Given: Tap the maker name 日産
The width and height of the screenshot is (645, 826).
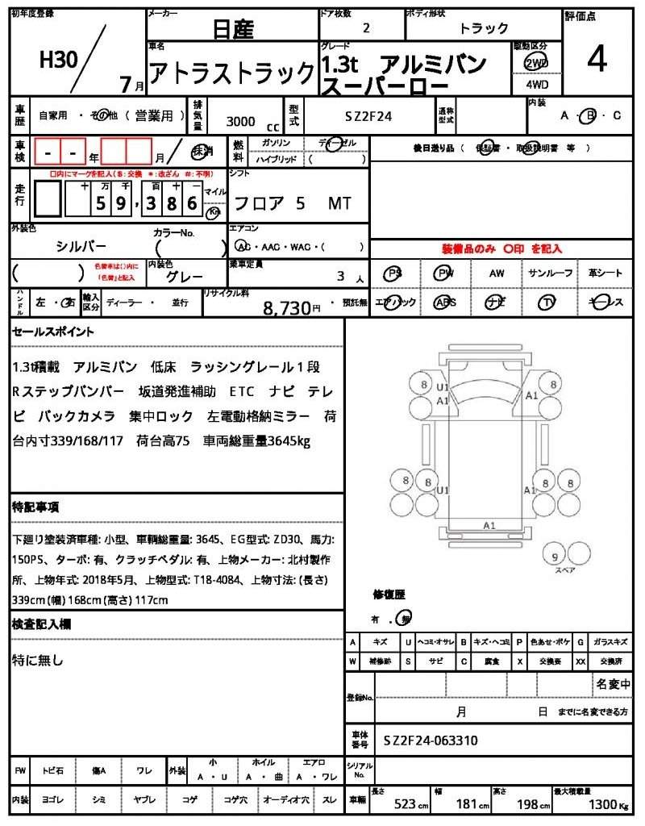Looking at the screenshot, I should (x=233, y=30).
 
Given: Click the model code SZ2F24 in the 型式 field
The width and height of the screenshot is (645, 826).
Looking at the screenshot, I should (x=368, y=116).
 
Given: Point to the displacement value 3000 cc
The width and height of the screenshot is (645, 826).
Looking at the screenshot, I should (x=251, y=122).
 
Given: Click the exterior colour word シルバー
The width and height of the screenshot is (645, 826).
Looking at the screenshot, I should (x=81, y=246).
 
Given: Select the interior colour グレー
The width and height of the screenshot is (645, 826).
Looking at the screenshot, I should (x=185, y=277).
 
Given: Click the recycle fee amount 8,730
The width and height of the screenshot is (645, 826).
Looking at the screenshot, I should (x=287, y=307).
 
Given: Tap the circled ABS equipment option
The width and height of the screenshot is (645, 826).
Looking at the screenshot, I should (x=444, y=302).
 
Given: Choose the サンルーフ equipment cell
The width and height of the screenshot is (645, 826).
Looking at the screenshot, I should (x=551, y=273).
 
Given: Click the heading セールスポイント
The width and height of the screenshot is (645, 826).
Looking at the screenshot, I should (x=53, y=332).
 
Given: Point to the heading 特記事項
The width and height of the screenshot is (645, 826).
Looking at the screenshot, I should (x=35, y=507).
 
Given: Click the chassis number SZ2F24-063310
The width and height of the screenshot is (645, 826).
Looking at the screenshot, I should (x=431, y=740).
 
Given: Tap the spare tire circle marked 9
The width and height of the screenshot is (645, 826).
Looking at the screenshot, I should (x=554, y=556).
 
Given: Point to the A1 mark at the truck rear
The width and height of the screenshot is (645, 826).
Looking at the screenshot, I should (x=489, y=525).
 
